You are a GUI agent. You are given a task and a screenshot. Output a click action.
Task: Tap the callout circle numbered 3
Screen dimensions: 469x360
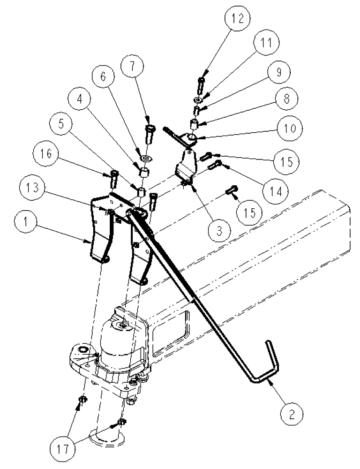pyautogui.click(x=219, y=230)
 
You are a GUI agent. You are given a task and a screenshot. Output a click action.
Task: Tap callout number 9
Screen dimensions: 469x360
pyautogui.click(x=278, y=73)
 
